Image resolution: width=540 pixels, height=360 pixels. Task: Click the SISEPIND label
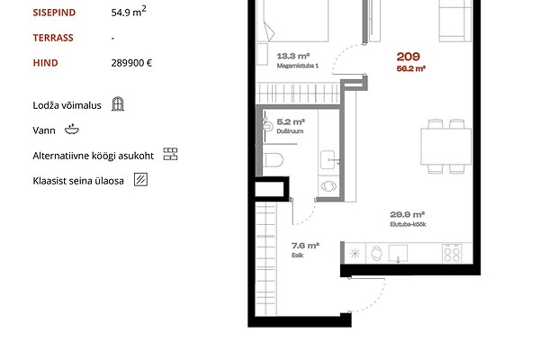pyautogui.click(x=54, y=13)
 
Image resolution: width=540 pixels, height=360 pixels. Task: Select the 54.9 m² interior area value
pyautogui.click(x=129, y=12)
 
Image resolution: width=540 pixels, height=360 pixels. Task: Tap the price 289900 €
pyautogui.click(x=131, y=63)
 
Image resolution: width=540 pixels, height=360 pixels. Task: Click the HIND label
pyautogui.click(x=46, y=63)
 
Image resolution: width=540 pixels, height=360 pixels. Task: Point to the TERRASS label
pyautogui.click(x=53, y=38)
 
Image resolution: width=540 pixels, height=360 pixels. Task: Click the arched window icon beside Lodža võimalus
pyautogui.click(x=118, y=103)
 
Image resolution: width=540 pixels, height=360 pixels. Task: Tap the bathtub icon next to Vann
pyautogui.click(x=72, y=130)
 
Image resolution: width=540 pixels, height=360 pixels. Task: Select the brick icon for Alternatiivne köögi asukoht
pyautogui.click(x=170, y=154)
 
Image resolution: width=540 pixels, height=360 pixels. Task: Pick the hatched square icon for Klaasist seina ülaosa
pyautogui.click(x=140, y=179)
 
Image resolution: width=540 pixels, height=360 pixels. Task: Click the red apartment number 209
pyautogui.click(x=408, y=57)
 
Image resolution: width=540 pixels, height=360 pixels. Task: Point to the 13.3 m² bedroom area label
pyautogui.click(x=293, y=56)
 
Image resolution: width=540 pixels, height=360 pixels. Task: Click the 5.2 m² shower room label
pyautogui.click(x=291, y=122)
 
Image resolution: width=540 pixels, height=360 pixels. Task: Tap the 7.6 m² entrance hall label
pyautogui.click(x=305, y=246)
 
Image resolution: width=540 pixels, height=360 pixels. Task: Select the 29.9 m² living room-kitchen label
pyautogui.click(x=407, y=214)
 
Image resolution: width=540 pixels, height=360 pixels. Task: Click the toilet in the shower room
pyautogui.click(x=273, y=160)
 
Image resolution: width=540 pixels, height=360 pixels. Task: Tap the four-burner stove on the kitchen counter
pyautogui.click(x=452, y=253)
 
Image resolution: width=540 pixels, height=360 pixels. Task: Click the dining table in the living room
pyautogui.click(x=446, y=147)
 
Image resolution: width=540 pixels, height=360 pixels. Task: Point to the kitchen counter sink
pyautogui.click(x=398, y=253)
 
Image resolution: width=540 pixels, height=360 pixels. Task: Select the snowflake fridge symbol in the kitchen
pyautogui.click(x=355, y=254)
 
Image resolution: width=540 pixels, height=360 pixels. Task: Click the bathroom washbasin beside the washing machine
pyautogui.click(x=328, y=160)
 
